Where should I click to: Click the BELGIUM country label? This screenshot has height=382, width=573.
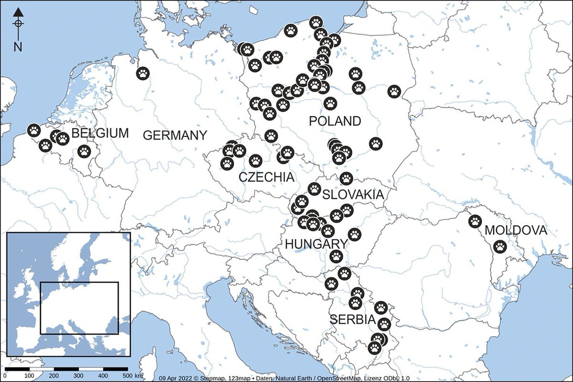click(x=100, y=133)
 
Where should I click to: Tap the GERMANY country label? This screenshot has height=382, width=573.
click(x=175, y=135)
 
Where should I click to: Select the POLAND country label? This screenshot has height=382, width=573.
click(x=335, y=121)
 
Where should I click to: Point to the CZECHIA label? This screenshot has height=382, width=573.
click(x=266, y=177)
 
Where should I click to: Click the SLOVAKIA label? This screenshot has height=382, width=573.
click(x=353, y=195)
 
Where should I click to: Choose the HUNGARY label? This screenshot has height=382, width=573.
click(x=316, y=244)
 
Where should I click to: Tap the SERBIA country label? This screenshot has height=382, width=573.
click(x=353, y=319)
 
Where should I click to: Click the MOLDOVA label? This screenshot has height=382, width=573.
click(x=515, y=231)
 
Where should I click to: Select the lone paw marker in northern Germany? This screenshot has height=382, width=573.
click(x=143, y=73)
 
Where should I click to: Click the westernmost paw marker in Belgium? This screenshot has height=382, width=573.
click(x=33, y=130)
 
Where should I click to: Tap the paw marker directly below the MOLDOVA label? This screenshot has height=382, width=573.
click(x=499, y=247)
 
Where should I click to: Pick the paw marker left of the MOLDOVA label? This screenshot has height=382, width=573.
click(x=475, y=221)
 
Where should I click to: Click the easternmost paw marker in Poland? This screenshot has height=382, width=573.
click(x=394, y=91)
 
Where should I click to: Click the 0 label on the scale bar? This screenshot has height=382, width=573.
click(x=4, y=376)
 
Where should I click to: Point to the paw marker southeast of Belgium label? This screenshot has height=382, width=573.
click(x=84, y=152)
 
